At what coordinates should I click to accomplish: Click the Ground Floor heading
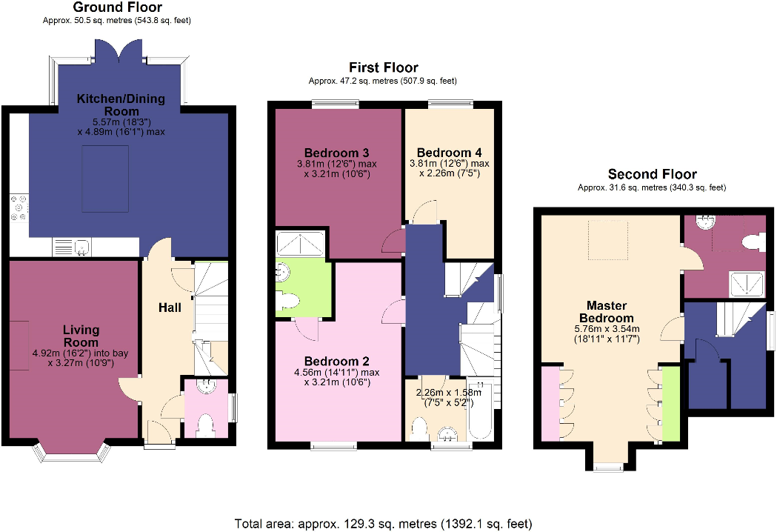tap(117, 7)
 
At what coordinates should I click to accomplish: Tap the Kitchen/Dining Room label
tap(121, 104)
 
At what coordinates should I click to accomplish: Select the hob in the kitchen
tap(19, 208)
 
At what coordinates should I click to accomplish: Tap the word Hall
tap(170, 307)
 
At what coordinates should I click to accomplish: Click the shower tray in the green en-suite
tap(299, 242)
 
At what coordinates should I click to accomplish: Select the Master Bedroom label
tap(607, 311)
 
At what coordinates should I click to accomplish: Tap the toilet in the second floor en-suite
tap(752, 240)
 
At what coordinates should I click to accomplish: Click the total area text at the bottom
tap(384, 524)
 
